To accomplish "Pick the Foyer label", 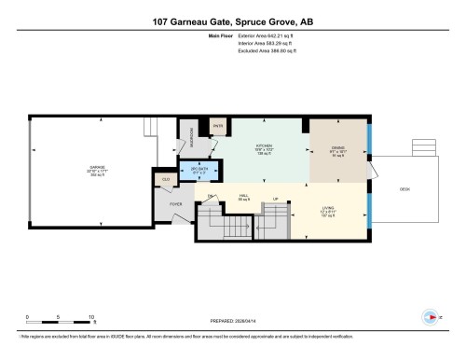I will coord(175,204).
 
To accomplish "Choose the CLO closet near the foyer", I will coord(166,179).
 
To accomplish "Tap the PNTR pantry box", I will coord(217,125).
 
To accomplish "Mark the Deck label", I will coord(404,188).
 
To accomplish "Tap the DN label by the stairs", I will coord(212,195).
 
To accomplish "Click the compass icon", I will coord(430,315).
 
